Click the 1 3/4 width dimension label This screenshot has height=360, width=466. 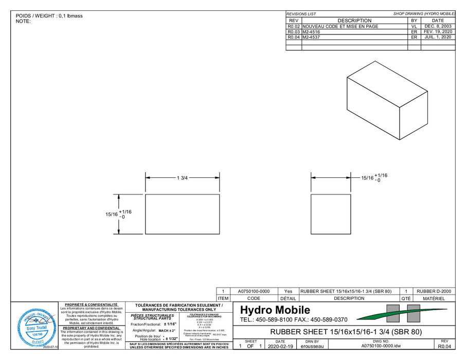tap(183, 178)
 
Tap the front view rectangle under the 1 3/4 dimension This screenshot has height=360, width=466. tap(183, 214)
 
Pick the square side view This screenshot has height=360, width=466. tap(331, 214)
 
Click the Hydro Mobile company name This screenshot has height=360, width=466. tap(275, 310)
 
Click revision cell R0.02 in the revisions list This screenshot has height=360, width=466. tap(293, 26)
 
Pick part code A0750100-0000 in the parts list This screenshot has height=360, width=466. tap(254, 291)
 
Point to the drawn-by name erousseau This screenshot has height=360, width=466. tap(312, 347)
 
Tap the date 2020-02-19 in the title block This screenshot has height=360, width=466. tap(280, 347)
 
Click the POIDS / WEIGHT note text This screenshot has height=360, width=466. tap(49, 16)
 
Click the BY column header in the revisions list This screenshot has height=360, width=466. tap(414, 21)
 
